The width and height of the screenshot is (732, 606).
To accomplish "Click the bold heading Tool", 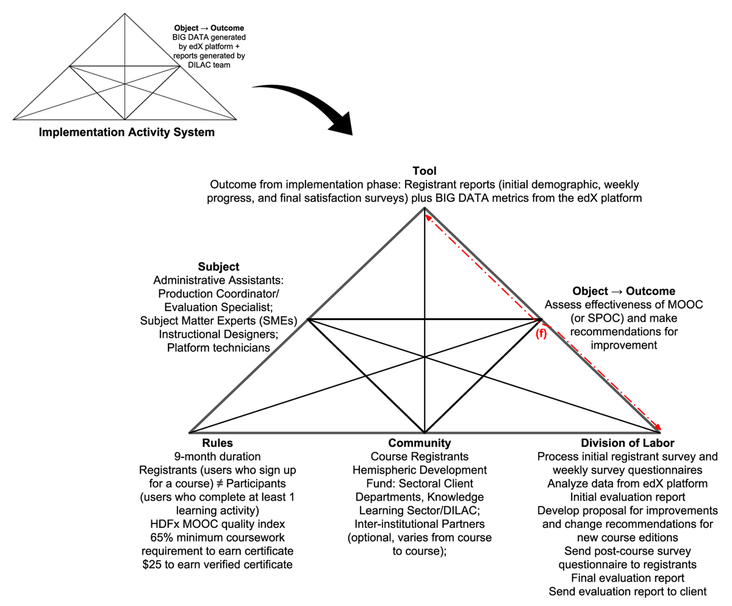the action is pos(424,171).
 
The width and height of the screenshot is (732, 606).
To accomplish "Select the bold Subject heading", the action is pos(218,266).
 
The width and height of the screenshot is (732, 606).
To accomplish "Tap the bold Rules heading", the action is pos(217,443).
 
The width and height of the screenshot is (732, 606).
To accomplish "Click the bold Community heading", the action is pos(419,443).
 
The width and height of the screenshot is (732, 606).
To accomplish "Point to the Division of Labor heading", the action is pos(628,443).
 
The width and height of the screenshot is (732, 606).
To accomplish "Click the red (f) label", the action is pos(541,333).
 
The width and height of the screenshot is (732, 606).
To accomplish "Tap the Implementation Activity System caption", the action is pos(126,132).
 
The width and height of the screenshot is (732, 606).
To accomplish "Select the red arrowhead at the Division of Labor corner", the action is pos(658,427).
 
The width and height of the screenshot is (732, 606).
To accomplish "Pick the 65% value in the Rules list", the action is pos(160,538).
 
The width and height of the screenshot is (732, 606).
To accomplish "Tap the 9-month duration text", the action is pos(217,457).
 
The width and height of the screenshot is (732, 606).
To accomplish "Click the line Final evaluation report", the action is pos(628,578).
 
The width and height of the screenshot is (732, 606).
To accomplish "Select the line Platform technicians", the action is pos(218,348).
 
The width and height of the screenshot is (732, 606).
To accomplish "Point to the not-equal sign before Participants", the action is pos(220,483).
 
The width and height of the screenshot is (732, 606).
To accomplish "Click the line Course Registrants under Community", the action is pos(419,457).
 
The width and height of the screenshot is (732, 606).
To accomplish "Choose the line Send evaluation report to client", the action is pos(628,591).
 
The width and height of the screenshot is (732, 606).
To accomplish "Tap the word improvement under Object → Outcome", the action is pos(623,345).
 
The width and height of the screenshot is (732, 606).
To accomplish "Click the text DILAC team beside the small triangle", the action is pos(209,65).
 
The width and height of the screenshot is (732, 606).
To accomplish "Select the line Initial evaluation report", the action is pos(628,497).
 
